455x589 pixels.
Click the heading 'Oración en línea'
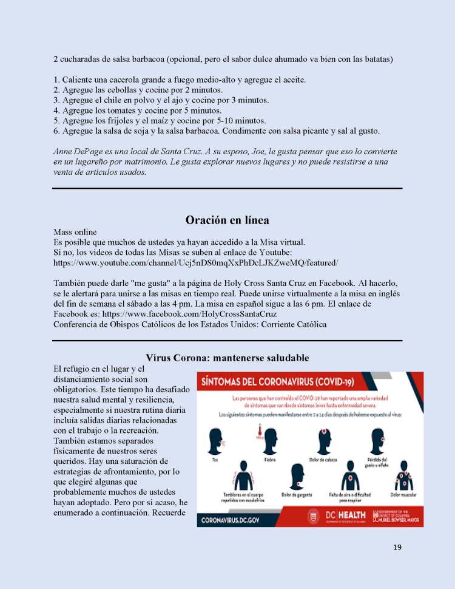click(227, 220)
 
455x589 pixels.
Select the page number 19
click(397, 548)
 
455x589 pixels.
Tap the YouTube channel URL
click(195, 262)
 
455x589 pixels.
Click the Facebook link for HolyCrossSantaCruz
click(189, 314)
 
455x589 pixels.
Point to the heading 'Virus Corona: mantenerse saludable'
click(227, 358)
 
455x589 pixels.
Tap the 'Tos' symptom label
click(215, 459)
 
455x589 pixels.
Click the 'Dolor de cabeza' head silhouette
click(322, 440)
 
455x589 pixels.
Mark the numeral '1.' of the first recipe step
click(57, 80)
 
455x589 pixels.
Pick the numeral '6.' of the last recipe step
click(57, 131)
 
